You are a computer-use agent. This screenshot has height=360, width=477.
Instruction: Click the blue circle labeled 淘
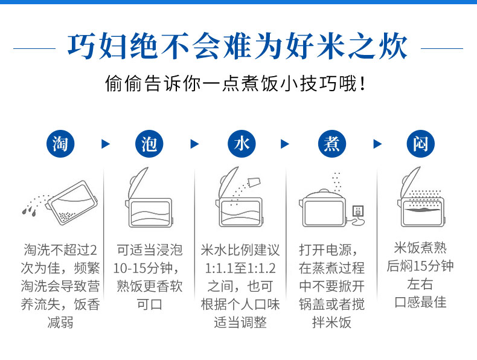click(60, 144)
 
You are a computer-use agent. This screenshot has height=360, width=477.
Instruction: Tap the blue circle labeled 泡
click(149, 144)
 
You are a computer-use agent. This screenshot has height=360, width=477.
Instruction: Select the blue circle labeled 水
click(242, 144)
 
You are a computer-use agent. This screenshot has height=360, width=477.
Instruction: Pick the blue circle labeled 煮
click(331, 144)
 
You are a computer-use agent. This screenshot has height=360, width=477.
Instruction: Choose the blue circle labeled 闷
click(420, 144)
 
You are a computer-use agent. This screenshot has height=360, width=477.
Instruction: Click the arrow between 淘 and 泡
click(105, 144)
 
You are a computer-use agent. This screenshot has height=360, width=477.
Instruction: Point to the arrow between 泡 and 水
click(194, 144)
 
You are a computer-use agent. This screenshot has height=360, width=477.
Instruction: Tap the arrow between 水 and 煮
click(285, 144)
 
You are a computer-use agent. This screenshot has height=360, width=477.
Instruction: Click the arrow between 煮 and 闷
click(377, 144)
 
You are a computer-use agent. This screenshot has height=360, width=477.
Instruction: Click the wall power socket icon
click(358, 211)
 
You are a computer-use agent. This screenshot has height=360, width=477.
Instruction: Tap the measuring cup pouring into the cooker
click(254, 182)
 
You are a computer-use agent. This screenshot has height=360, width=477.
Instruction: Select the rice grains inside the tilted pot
click(67, 216)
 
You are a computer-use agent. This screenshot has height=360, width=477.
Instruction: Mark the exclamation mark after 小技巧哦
click(362, 84)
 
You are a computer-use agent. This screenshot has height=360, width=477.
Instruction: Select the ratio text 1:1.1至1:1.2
click(240, 268)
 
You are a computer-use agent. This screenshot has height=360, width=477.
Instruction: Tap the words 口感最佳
click(420, 303)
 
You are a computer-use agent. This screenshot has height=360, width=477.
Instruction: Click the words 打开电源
click(325, 250)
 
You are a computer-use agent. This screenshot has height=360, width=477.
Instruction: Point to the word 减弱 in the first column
click(60, 323)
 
